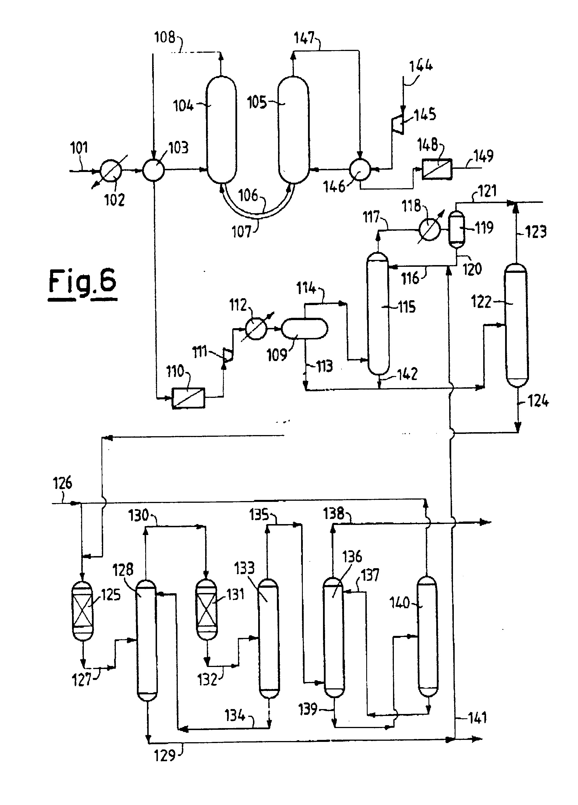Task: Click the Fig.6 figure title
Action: pos(82,285)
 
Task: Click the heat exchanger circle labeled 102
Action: pos(111,171)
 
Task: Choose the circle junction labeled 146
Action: pos(360,170)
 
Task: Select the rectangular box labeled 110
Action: pos(188,398)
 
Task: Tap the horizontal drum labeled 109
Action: pos(304,329)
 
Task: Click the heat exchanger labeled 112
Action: pos(256,329)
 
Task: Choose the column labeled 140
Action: pos(427,636)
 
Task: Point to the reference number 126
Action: pos(63,483)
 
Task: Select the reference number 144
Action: pos(421,66)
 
